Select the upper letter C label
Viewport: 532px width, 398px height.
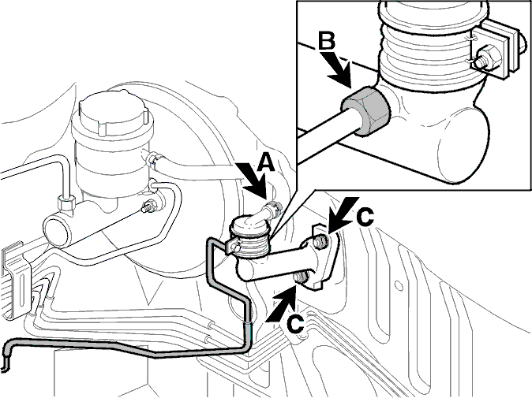365,216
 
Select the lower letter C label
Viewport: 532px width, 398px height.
295,325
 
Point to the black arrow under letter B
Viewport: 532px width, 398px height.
338,69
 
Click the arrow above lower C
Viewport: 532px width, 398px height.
283,303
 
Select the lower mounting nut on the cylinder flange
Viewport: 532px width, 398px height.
301,277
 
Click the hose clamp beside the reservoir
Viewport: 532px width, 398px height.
155,158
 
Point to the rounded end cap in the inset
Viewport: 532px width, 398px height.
464,147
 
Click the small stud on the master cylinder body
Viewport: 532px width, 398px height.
149,206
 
